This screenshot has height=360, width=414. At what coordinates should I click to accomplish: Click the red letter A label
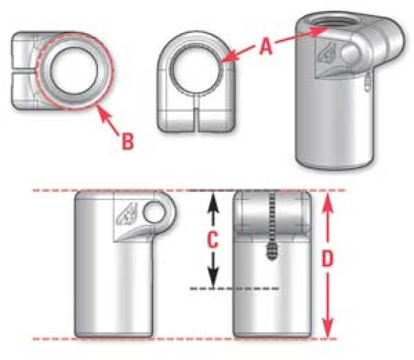[x=265, y=47]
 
